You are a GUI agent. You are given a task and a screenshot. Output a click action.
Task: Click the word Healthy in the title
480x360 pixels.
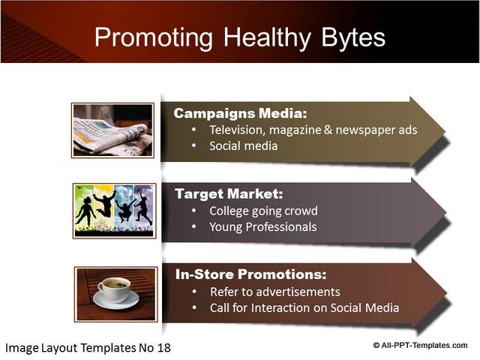pyautogui.click(x=267, y=38)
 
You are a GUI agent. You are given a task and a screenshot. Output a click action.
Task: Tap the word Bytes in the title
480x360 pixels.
pyautogui.click(x=353, y=38)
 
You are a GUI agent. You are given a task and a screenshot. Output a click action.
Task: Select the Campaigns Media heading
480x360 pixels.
pyautogui.click(x=240, y=113)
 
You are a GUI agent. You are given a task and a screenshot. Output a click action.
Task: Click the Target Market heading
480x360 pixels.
pyautogui.click(x=229, y=193)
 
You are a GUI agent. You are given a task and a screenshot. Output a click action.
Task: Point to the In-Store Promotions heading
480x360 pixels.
pyautogui.click(x=251, y=274)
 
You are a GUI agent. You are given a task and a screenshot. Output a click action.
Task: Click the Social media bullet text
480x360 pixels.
pyautogui.click(x=243, y=145)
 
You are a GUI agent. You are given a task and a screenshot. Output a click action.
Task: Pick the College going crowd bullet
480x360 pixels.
pyautogui.click(x=263, y=211)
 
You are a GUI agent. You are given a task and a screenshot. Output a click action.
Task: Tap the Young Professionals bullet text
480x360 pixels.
pyautogui.click(x=263, y=226)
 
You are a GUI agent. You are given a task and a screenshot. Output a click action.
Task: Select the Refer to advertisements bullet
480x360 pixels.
pyautogui.click(x=275, y=292)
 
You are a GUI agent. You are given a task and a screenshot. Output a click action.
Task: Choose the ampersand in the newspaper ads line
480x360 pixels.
pyautogui.click(x=328, y=130)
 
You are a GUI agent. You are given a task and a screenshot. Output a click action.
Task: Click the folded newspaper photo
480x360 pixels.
pyautogui.click(x=112, y=130)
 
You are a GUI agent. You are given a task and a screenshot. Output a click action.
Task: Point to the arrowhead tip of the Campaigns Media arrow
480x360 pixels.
pyautogui.click(x=445, y=132)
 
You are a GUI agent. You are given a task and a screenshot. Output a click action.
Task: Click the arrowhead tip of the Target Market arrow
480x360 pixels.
pyautogui.click(x=446, y=213)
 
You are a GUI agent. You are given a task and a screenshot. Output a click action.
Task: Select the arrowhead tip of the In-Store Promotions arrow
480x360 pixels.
pyautogui.click(x=447, y=293)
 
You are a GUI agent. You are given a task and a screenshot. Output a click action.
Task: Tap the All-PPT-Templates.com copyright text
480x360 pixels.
pyautogui.click(x=420, y=345)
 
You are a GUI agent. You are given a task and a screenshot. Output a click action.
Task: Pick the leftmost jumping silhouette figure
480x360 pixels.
pyautogui.click(x=85, y=211)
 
